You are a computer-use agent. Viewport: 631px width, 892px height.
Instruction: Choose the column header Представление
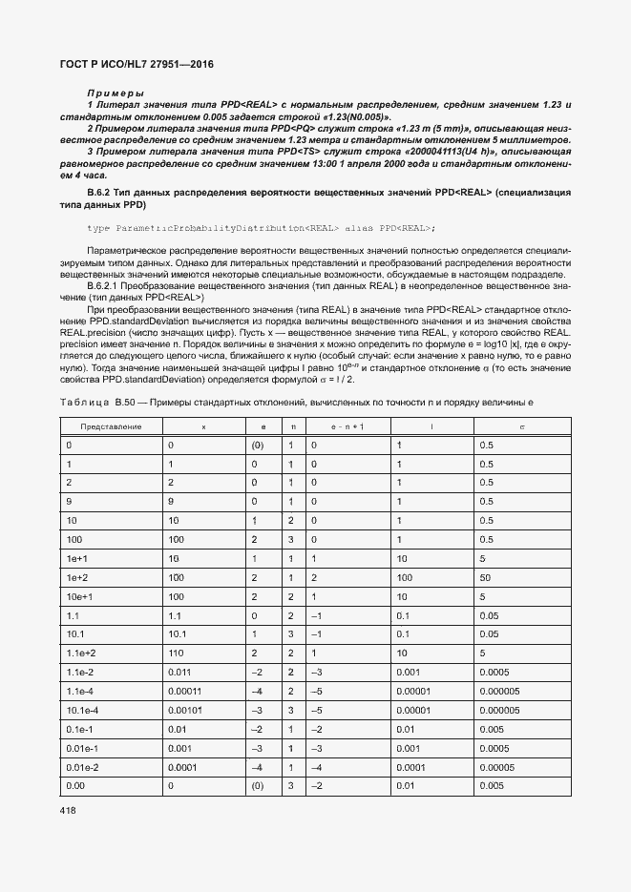point(111,426)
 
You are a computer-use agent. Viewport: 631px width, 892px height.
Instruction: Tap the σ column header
point(521,426)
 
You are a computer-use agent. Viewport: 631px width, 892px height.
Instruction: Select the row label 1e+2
point(76,578)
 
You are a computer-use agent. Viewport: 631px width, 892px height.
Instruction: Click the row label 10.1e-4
point(82,710)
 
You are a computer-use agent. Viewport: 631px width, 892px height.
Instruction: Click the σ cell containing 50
point(485,578)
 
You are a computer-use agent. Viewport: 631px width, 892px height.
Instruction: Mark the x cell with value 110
point(175,653)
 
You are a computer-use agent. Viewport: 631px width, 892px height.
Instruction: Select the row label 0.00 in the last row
point(74,785)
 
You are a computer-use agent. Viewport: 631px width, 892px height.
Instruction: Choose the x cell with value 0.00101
point(187,710)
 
